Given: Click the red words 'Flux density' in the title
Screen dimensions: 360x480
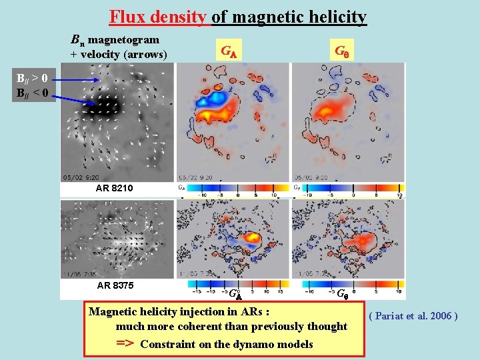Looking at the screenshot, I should (158, 16).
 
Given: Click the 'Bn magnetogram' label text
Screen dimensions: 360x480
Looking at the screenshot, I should (115, 40).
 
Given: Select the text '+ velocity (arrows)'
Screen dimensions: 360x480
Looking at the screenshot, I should (119, 54).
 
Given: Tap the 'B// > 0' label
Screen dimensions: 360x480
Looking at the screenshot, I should (31, 79).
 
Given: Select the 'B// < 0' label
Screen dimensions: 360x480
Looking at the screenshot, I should (31, 92).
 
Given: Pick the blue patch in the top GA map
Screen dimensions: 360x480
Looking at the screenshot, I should (214, 100).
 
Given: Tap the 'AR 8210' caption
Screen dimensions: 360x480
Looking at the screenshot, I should (114, 189).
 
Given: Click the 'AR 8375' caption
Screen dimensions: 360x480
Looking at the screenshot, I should (115, 285).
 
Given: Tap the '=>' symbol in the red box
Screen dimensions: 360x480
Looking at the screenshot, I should (125, 343).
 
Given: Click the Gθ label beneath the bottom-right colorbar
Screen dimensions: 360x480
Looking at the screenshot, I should (341, 293).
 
